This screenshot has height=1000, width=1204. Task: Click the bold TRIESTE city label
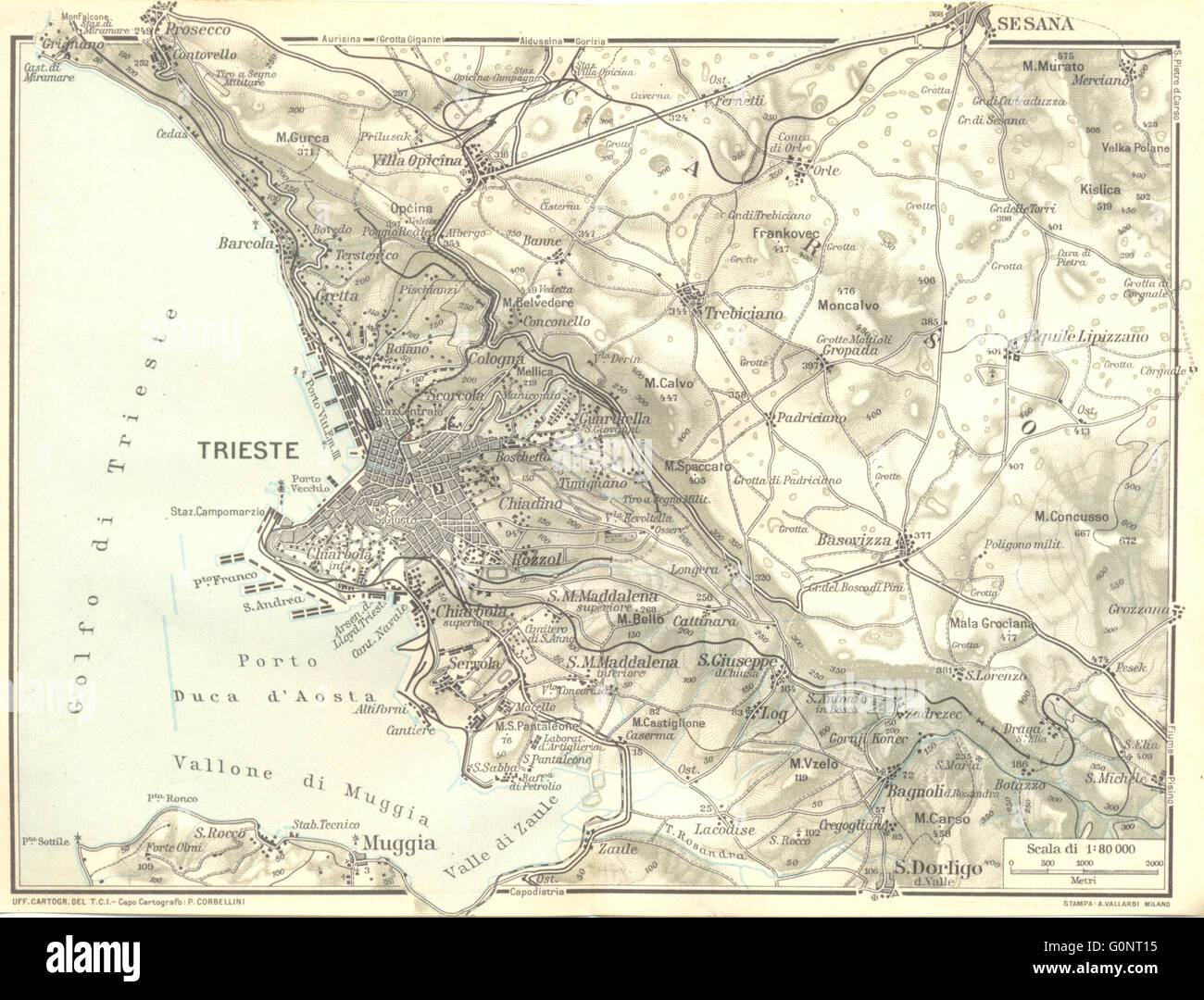[x=247, y=451]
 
